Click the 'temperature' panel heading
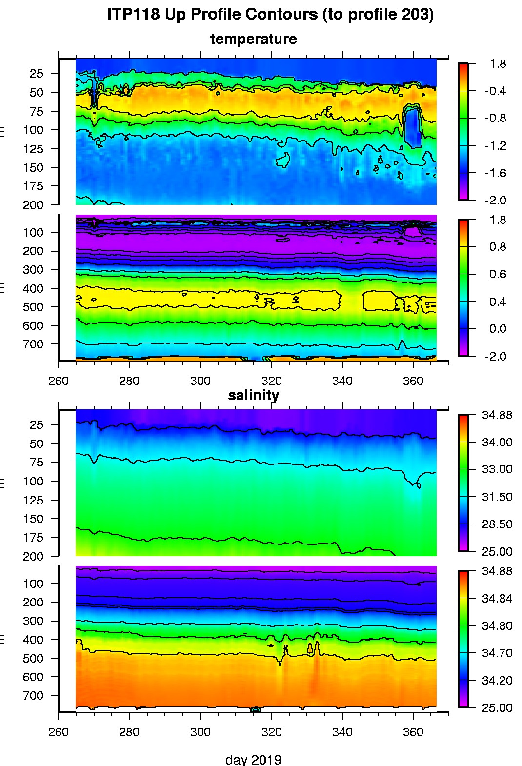click(x=253, y=39)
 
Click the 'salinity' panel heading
click(x=253, y=395)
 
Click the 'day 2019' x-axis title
click(x=253, y=759)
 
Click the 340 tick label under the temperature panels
click(x=342, y=381)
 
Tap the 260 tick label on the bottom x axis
click(x=59, y=732)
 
